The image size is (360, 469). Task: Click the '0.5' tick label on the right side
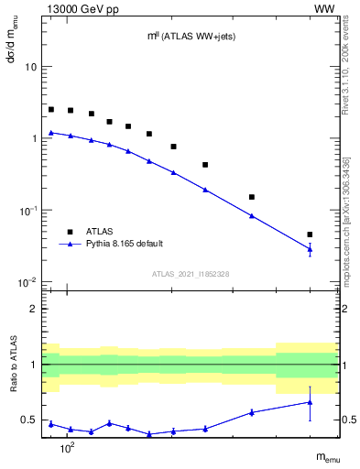pos(348,420)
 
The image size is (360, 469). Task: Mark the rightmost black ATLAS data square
pos(310,234)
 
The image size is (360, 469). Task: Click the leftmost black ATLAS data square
pos(51,109)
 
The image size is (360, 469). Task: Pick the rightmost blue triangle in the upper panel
pos(310,248)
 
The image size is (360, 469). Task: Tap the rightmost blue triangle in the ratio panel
pos(310,402)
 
